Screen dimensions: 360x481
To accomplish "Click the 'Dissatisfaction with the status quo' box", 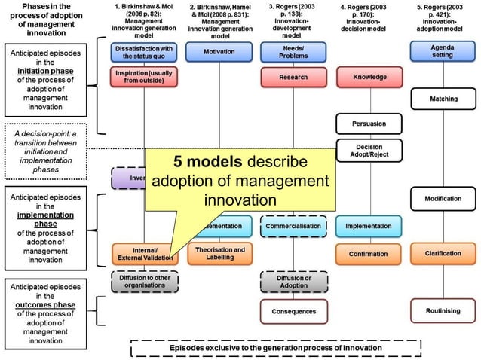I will point(143,52).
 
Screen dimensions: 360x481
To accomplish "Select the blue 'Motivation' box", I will point(219,52).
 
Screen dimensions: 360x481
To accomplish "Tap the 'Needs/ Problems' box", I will point(293,52).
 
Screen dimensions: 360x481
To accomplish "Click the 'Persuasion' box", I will point(369,123).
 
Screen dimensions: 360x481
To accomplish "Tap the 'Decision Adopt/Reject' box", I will point(369,151).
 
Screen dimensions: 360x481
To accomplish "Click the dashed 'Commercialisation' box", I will point(293,225).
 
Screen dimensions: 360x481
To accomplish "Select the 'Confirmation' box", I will point(369,254).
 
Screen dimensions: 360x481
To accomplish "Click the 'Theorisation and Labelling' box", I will point(219,254).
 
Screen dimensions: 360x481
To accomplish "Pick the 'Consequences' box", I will point(293,310).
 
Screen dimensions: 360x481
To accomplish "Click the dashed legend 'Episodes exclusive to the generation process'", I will point(275,348).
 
